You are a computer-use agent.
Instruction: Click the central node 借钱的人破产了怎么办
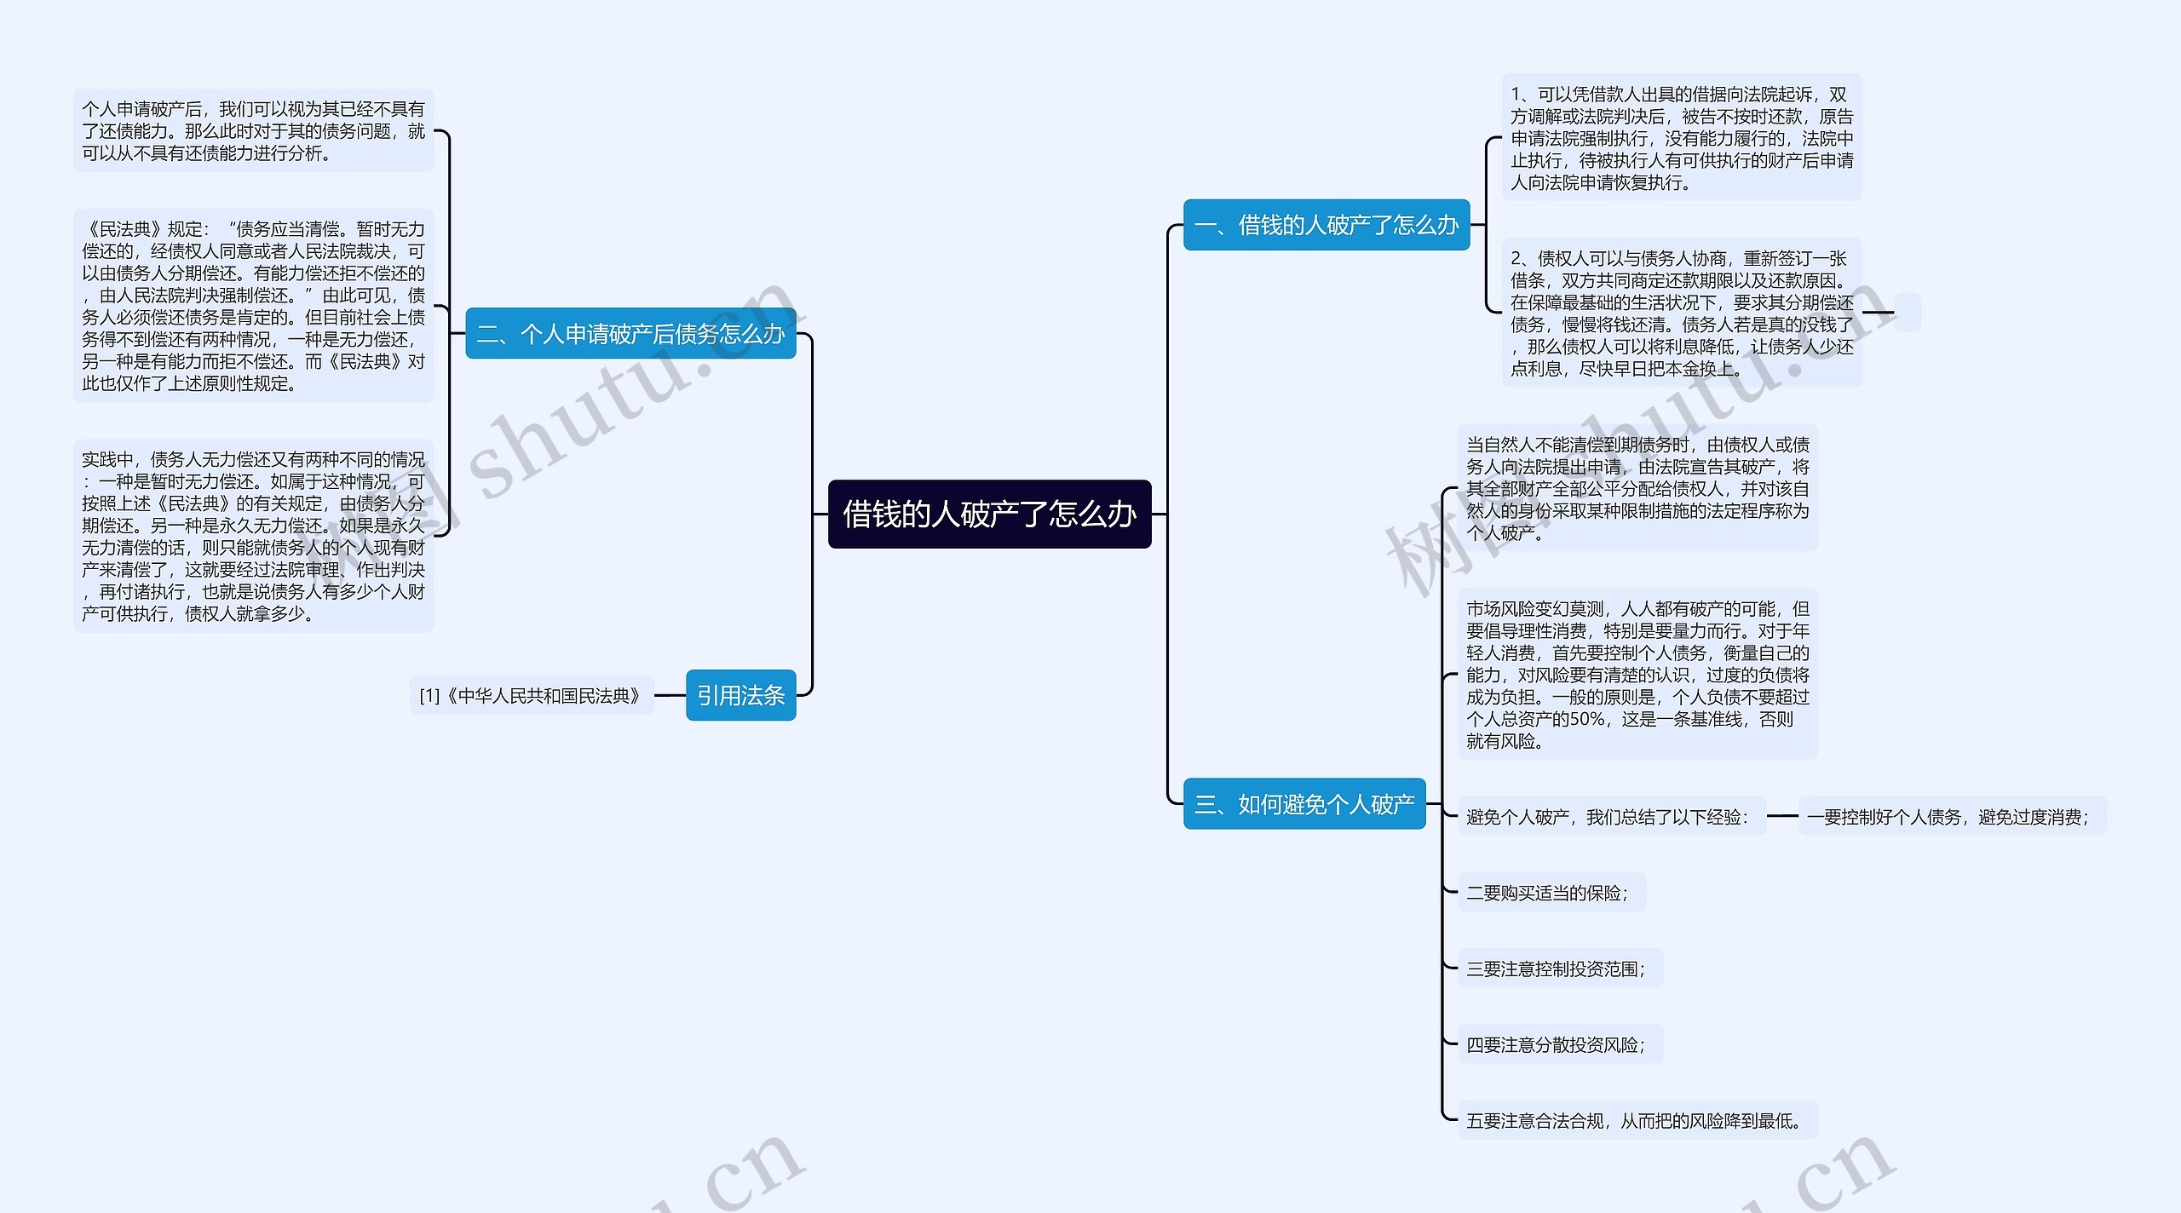pyautogui.click(x=989, y=514)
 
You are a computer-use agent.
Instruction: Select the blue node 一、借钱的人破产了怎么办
pyautogui.click(x=1326, y=225)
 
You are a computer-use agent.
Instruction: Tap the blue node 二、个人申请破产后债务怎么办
pyautogui.click(x=630, y=334)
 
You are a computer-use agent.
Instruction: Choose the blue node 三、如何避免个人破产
pyautogui.click(x=1303, y=803)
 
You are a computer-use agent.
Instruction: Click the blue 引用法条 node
pyautogui.click(x=740, y=695)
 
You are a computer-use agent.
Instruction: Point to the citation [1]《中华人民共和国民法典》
pyautogui.click(x=531, y=696)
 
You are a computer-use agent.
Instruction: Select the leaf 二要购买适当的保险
pyautogui.click(x=1551, y=893)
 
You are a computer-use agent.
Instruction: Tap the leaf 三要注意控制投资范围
pyautogui.click(x=1559, y=969)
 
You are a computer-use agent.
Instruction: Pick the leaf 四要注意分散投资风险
pyautogui.click(x=1559, y=1044)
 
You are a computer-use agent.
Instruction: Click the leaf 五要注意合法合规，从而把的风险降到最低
pyautogui.click(x=1636, y=1120)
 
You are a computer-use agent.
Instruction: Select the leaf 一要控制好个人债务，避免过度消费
pyautogui.click(x=1951, y=816)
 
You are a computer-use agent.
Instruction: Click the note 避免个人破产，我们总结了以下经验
pyautogui.click(x=1610, y=816)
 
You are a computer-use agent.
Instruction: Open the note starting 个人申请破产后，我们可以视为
pyautogui.click(x=253, y=131)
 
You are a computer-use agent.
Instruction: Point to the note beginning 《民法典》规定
pyautogui.click(x=253, y=306)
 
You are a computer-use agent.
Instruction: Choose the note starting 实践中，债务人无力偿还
pyautogui.click(x=253, y=536)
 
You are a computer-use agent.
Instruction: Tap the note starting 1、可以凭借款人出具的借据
pyautogui.click(x=1681, y=138)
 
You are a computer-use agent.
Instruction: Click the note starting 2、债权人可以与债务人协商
pyautogui.click(x=1681, y=313)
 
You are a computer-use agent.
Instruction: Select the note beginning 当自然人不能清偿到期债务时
pyautogui.click(x=1637, y=488)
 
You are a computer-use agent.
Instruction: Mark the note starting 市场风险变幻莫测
pyautogui.click(x=1637, y=674)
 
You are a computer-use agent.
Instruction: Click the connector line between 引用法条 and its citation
pyautogui.click(x=670, y=695)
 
